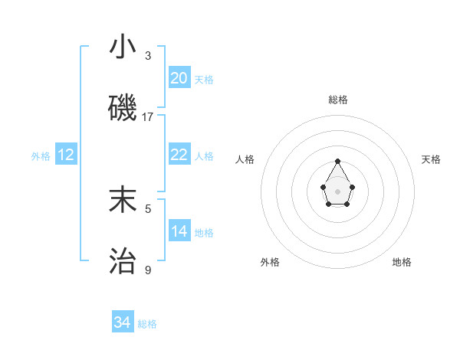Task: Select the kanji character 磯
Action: pyautogui.click(x=123, y=109)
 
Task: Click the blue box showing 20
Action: pyautogui.click(x=179, y=78)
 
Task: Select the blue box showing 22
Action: pyautogui.click(x=179, y=155)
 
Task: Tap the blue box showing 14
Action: pyautogui.click(x=179, y=231)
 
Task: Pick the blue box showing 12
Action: pyautogui.click(x=66, y=155)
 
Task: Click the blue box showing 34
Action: pyautogui.click(x=123, y=322)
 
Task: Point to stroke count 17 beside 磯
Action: pyautogui.click(x=148, y=117)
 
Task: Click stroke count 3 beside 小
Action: pyautogui.click(x=148, y=56)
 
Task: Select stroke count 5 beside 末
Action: pyautogui.click(x=148, y=208)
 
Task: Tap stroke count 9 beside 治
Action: pyautogui.click(x=148, y=270)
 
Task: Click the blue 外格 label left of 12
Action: pyautogui.click(x=41, y=156)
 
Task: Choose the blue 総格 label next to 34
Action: pyautogui.click(x=147, y=324)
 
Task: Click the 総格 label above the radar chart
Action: pyautogui.click(x=337, y=100)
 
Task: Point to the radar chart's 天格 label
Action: pyautogui.click(x=431, y=159)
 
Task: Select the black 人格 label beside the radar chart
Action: pyautogui.click(x=245, y=159)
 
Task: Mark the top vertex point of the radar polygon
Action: pyautogui.click(x=337, y=161)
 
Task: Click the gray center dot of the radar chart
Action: pyautogui.click(x=337, y=191)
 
